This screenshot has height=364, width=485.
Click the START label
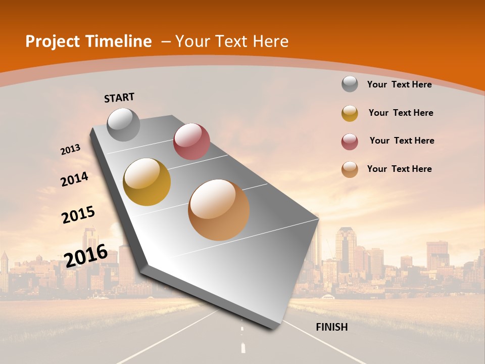(119, 98)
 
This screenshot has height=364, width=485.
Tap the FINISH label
(331, 327)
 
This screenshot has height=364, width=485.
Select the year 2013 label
(70, 150)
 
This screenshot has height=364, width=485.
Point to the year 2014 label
(74, 179)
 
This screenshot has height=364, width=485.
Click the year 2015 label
(78, 215)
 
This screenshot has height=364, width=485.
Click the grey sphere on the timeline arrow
(123, 124)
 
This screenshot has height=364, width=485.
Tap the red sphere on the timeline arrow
(191, 142)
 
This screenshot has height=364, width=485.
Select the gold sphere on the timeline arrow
(147, 182)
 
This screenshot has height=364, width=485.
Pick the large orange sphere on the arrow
(219, 210)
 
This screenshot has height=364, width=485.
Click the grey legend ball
(350, 84)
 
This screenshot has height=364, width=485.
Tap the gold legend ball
(350, 113)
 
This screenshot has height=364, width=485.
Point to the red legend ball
(350, 142)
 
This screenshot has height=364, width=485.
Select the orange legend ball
(350, 169)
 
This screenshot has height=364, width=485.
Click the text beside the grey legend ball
(399, 84)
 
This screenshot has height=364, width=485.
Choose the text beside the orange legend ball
(399, 169)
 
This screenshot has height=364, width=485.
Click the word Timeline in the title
(119, 41)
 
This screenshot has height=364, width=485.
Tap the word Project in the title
(50, 41)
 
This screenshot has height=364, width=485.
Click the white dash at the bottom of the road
(243, 348)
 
